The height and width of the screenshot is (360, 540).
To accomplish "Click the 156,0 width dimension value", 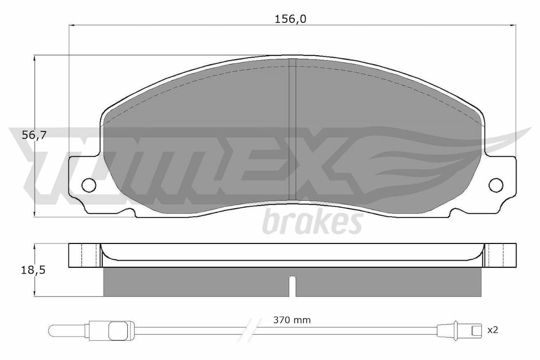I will (287, 19).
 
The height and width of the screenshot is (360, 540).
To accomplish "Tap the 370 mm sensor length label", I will (292, 320).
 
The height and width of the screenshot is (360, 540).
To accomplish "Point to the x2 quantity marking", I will (493, 330).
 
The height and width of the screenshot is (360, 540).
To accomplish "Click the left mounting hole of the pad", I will (89, 184).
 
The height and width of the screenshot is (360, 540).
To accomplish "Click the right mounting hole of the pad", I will (496, 184).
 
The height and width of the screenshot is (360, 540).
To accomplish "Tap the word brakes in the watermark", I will (312, 222).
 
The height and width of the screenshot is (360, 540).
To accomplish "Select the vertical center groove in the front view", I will (292, 130).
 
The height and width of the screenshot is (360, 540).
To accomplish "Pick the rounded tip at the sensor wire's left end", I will (54, 331).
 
